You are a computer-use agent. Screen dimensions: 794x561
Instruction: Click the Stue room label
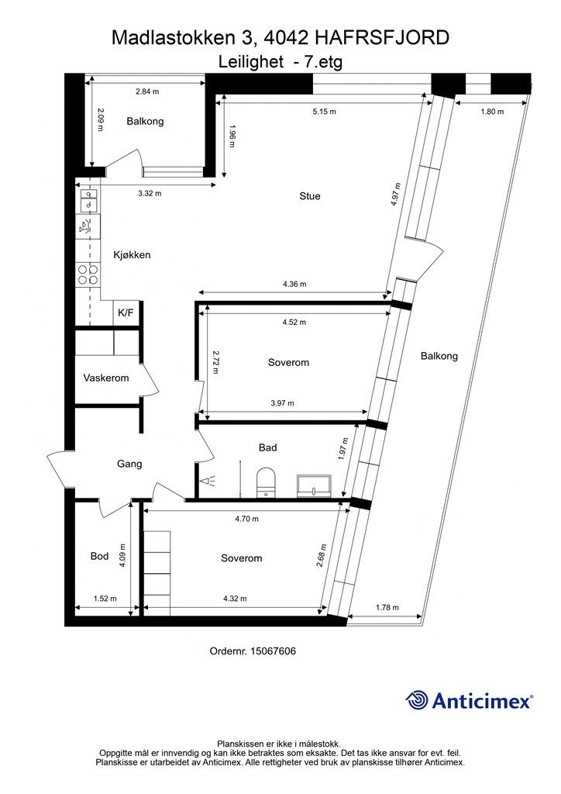309,196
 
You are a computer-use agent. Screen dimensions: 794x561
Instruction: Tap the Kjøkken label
132,255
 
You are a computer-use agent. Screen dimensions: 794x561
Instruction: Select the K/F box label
126,312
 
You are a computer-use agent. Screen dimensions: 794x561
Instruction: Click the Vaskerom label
106,378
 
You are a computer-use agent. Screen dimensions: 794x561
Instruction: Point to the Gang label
129,464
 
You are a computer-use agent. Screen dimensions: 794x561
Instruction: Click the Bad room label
267,447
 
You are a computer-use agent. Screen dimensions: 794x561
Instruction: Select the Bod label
99,556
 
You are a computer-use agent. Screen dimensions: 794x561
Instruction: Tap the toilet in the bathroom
266,481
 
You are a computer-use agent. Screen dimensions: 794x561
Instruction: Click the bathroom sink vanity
314,485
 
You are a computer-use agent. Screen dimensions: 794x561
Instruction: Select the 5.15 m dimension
324,112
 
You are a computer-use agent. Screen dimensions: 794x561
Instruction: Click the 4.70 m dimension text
246,519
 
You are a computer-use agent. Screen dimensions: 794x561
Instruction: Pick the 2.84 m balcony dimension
146,91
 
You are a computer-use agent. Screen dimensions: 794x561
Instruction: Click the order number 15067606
253,651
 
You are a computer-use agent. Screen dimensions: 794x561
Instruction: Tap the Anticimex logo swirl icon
417,700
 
